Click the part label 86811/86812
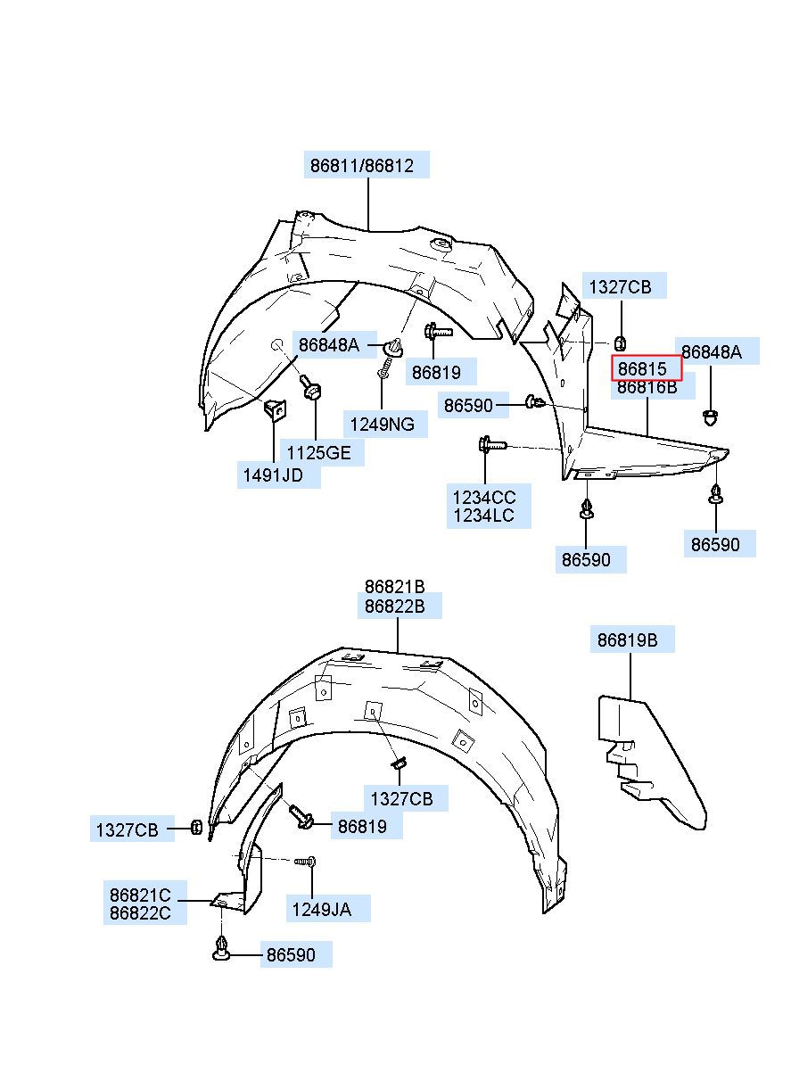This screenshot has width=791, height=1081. click(x=361, y=166)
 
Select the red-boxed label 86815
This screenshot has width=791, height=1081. click(x=642, y=368)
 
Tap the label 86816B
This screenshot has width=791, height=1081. click(x=647, y=387)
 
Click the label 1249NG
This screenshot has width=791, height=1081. click(x=382, y=425)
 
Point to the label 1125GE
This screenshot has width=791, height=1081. click(x=318, y=453)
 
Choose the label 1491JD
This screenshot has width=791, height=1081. click(x=273, y=475)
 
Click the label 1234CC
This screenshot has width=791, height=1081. click(x=484, y=497)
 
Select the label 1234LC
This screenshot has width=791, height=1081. click(x=483, y=516)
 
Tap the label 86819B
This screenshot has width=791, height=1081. click(x=628, y=640)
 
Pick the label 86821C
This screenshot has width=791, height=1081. click(x=140, y=895)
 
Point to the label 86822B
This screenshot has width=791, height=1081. click(x=394, y=606)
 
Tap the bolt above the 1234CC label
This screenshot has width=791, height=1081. click(x=491, y=444)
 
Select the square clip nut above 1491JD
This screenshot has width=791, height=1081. click(x=274, y=410)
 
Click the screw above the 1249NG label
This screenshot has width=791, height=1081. click(x=383, y=368)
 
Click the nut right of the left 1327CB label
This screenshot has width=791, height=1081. click(x=196, y=828)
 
